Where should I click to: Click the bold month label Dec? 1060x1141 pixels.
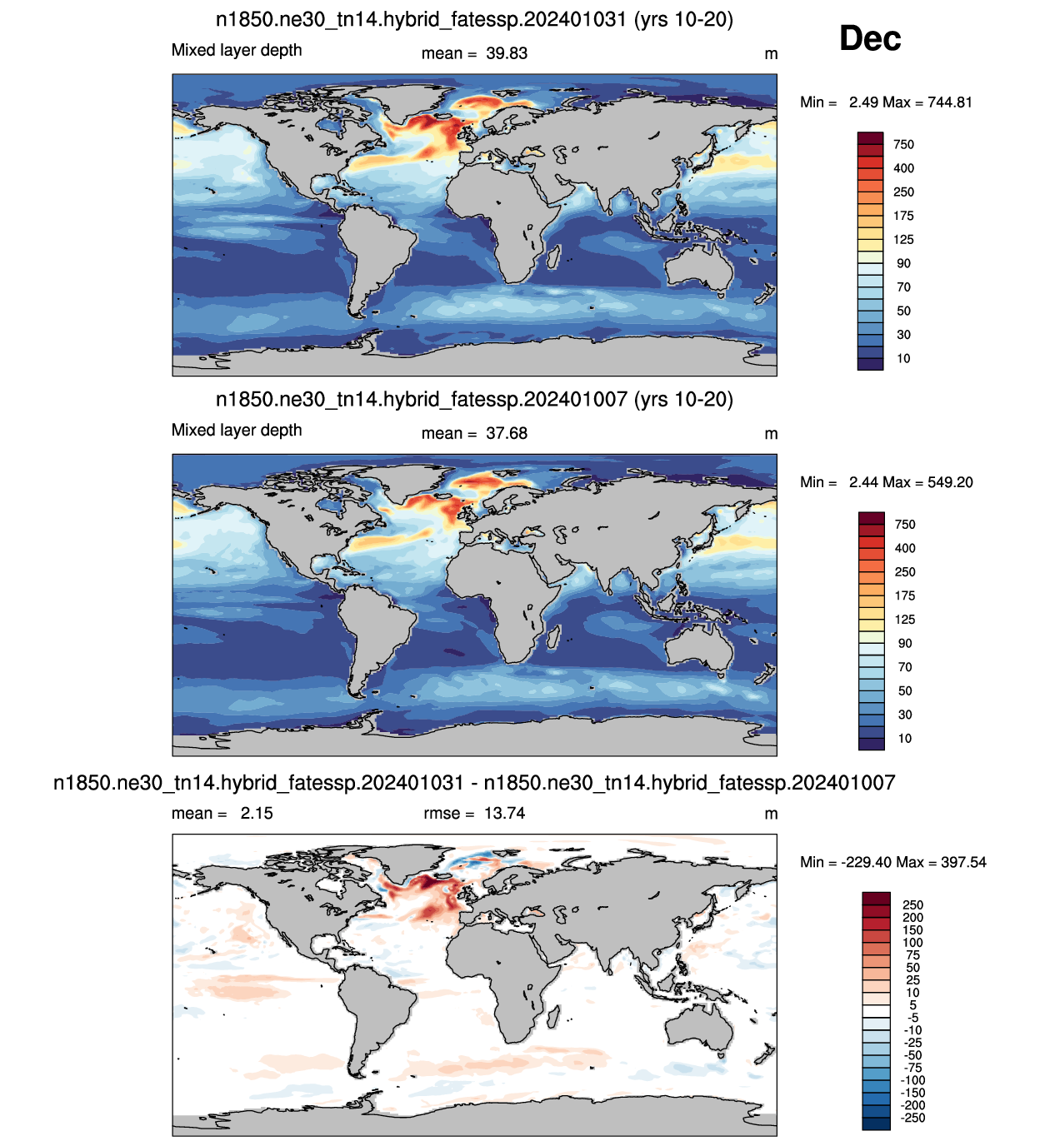tap(870, 38)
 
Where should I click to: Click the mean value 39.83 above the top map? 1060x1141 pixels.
tap(506, 53)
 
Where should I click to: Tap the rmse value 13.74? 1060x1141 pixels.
tap(504, 813)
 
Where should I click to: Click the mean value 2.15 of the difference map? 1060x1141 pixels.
tap(257, 813)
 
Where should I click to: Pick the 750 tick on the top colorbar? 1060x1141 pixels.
tap(903, 145)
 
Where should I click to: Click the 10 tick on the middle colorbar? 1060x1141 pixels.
tap(905, 738)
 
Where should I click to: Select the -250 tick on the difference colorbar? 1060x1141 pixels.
tap(912, 1118)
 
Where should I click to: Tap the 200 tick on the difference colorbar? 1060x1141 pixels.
tap(912, 918)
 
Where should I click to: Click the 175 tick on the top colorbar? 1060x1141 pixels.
tap(903, 216)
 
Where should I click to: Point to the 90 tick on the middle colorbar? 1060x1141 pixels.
tap(905, 644)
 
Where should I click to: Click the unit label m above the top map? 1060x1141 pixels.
tap(771, 54)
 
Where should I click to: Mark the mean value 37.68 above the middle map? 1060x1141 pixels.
tap(506, 433)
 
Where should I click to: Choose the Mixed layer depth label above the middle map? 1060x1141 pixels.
tap(237, 431)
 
